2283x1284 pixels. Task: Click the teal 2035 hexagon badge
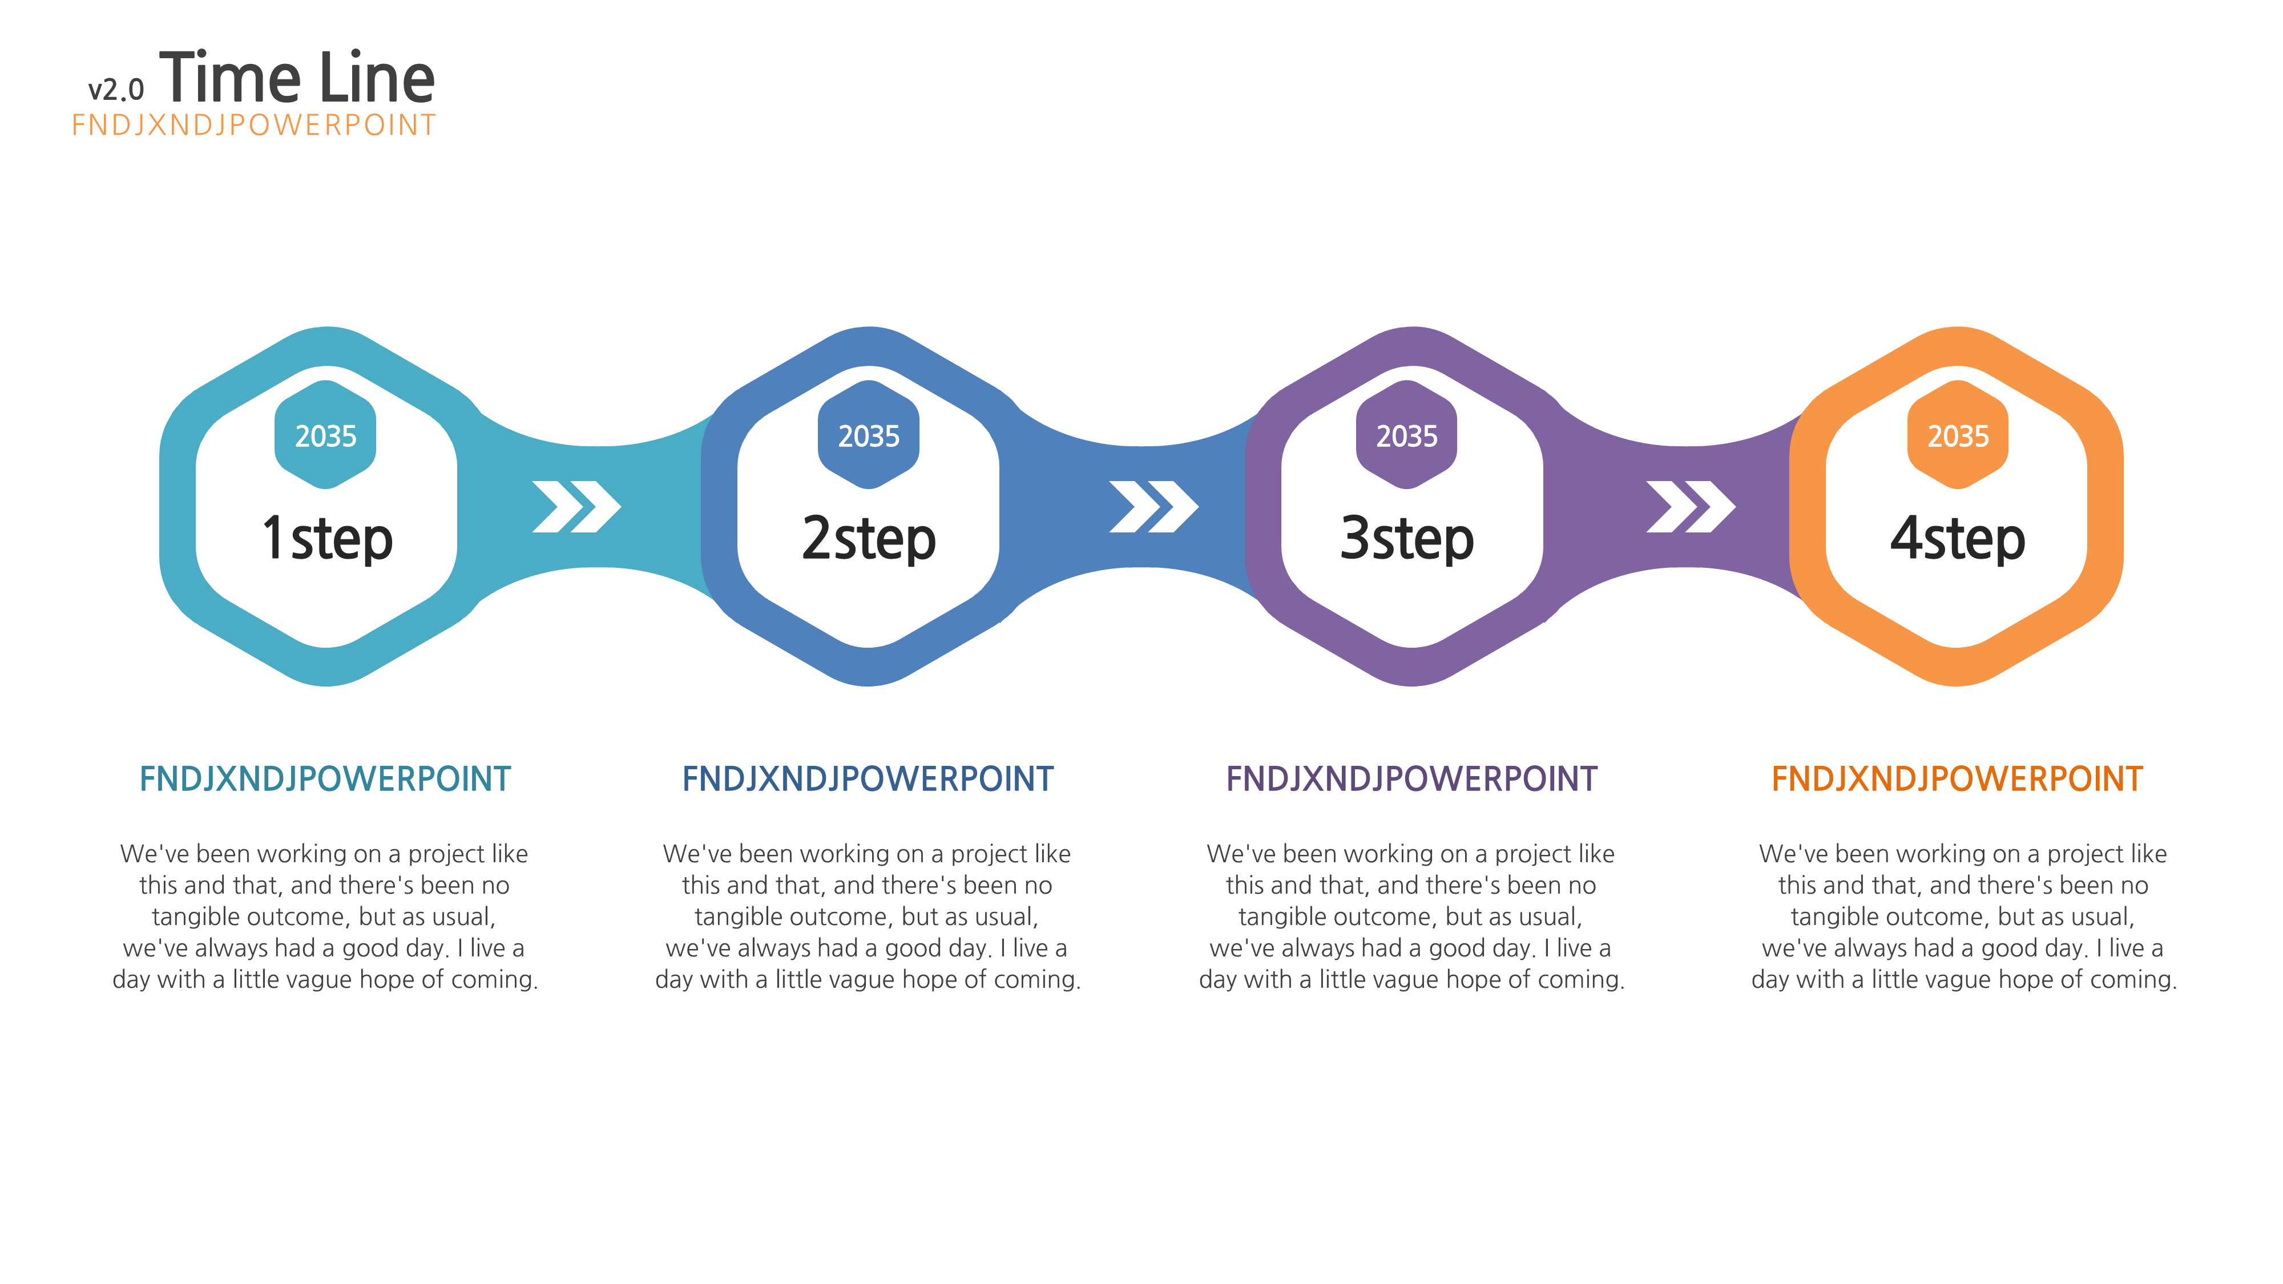(325, 434)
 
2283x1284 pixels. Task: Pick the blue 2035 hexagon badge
(869, 434)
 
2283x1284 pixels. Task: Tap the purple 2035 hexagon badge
(1406, 434)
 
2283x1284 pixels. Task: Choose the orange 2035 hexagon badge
(1958, 434)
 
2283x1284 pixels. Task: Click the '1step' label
(327, 538)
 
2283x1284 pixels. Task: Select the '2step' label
(869, 538)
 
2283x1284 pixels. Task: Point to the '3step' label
(1406, 538)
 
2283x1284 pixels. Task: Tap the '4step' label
(1958, 538)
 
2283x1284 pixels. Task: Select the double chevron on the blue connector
(1154, 507)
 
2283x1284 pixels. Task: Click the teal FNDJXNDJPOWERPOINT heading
(325, 779)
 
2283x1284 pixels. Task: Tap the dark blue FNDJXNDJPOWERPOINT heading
(868, 779)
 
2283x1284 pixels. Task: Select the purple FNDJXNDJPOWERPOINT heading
(1412, 779)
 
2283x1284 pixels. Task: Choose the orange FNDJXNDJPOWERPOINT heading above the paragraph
(1957, 779)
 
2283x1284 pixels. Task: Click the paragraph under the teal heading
(325, 916)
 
